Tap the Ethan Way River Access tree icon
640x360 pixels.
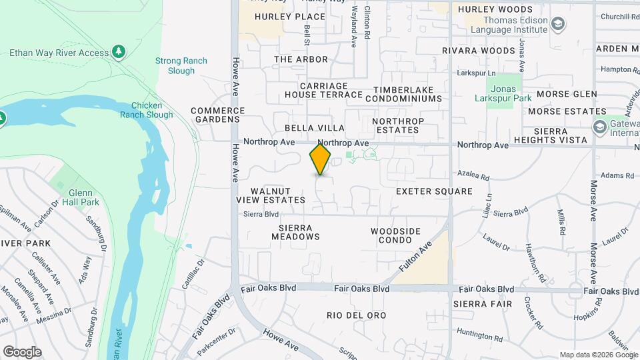coord(119,51)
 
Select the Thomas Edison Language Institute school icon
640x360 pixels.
coord(559,25)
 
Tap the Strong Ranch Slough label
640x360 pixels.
coord(181,65)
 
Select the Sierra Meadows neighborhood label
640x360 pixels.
coord(295,232)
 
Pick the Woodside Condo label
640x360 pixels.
coord(396,236)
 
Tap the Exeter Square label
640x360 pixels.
coord(434,191)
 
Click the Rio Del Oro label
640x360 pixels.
coord(357,315)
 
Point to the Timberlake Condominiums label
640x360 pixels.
coord(407,94)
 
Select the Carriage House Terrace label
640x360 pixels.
coord(324,90)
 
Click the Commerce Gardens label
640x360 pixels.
coord(215,115)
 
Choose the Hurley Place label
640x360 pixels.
coord(281,17)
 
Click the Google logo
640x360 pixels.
coord(22,352)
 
